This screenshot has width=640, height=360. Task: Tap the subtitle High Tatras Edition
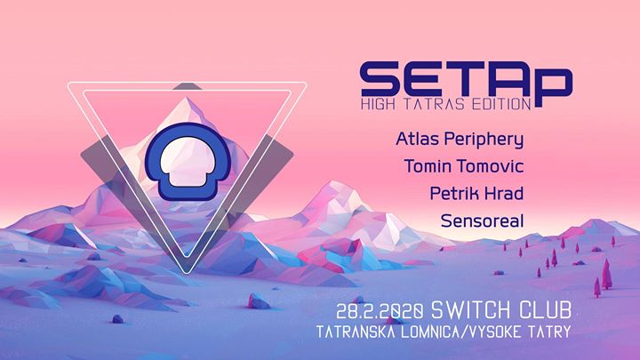445,104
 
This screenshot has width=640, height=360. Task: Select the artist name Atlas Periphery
460,140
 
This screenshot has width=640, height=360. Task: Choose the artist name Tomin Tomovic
464,166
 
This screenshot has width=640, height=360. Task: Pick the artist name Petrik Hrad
476,194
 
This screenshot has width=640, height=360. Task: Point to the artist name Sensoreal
482,220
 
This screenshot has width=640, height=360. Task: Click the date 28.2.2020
380,312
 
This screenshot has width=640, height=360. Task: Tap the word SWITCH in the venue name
470,310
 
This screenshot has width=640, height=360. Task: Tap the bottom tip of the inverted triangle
187,273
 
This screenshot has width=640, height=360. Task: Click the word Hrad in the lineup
503,194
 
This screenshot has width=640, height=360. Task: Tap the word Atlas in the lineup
417,140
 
